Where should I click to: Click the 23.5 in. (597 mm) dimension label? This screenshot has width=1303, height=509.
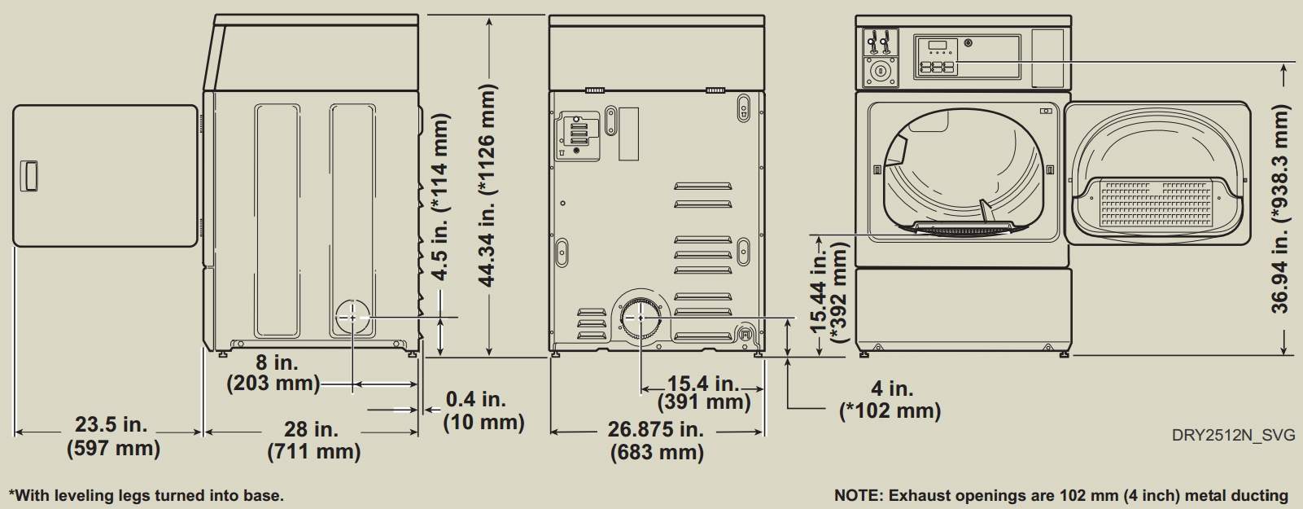113,437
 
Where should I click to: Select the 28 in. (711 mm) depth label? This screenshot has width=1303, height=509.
313,441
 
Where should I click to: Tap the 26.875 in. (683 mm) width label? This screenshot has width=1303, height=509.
657,441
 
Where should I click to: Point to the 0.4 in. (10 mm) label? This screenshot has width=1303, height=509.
483,410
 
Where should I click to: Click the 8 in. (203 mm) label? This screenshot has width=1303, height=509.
273,373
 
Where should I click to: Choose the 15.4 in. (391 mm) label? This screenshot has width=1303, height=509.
704,393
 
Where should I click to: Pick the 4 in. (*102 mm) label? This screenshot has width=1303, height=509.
890,400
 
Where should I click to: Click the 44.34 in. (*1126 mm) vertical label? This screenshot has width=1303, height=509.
487,185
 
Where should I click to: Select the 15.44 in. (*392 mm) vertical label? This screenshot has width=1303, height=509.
829,292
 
